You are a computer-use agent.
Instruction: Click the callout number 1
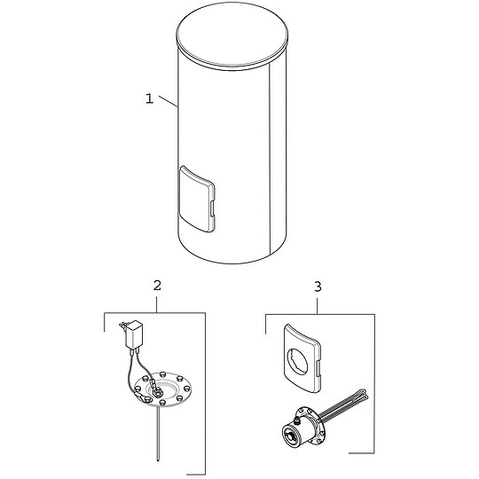coord(149,98)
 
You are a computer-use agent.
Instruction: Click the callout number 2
coord(157,286)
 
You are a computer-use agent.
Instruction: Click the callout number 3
coord(318,287)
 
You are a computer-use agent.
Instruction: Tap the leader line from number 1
coord(169,101)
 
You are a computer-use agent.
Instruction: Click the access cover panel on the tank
coord(196,200)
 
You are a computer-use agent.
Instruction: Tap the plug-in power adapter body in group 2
coord(135,335)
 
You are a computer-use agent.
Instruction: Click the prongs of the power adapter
coord(122,325)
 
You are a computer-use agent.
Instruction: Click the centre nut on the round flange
coord(159,390)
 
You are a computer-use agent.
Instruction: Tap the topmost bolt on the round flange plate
coord(162,374)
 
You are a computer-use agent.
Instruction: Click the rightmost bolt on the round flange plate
coord(186,389)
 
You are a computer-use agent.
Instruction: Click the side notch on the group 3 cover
coord(318,367)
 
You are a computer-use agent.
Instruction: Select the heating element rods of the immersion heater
coord(343,404)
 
